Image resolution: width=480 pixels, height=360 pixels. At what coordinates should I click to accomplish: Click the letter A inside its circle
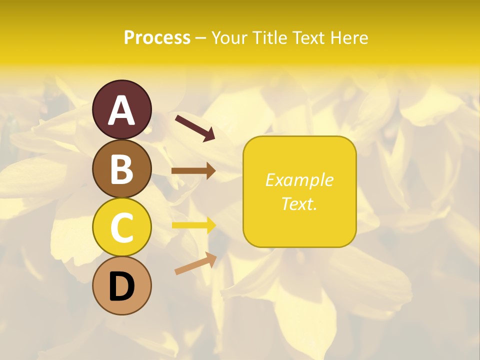click(x=121, y=111)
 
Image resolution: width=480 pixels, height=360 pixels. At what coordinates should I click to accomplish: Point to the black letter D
click(x=121, y=287)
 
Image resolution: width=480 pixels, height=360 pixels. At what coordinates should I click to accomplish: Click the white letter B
click(x=121, y=169)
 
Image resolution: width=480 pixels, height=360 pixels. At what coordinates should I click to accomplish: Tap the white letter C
click(x=121, y=228)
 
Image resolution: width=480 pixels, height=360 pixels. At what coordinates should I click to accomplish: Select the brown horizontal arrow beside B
click(x=193, y=171)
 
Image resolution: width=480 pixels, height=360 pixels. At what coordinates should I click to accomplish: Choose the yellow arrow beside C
click(x=193, y=225)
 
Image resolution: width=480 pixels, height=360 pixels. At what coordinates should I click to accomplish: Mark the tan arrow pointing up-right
click(x=195, y=263)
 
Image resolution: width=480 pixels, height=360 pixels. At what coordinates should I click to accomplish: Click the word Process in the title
click(x=157, y=37)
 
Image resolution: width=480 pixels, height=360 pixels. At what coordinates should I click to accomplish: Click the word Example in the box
click(x=299, y=180)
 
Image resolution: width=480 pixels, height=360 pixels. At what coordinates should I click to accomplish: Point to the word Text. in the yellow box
click(x=299, y=203)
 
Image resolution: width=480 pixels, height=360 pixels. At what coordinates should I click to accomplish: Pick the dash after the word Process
click(x=201, y=38)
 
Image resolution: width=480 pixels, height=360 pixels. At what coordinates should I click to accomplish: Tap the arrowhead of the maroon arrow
click(x=208, y=134)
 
